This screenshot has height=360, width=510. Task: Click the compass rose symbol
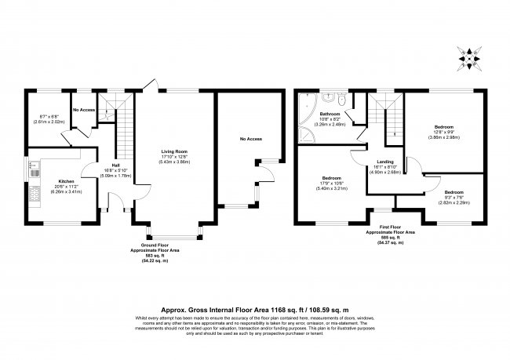point(468,56)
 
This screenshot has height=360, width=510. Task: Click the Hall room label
point(115,165)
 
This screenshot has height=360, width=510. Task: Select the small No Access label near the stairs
point(84,110)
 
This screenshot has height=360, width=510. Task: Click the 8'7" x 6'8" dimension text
point(44,118)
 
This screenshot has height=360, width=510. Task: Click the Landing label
point(384,162)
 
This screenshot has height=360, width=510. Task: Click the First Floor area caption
point(390,233)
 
